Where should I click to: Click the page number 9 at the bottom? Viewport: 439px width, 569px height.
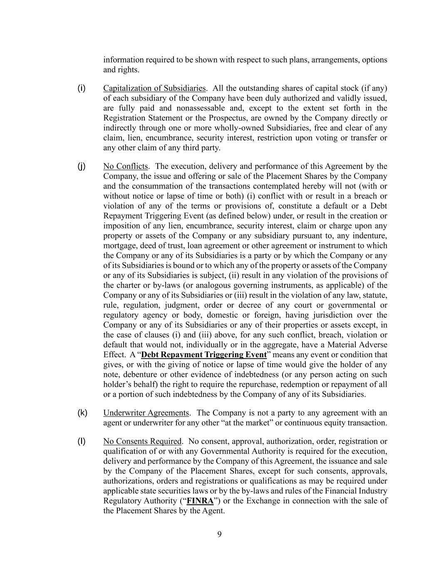pos(219,534)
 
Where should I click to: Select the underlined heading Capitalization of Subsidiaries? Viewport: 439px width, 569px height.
pos(154,88)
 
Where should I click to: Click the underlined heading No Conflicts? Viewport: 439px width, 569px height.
pos(125,166)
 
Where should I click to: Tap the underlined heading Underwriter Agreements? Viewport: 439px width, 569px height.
pos(146,413)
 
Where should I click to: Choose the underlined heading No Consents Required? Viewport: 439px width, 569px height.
pos(142,441)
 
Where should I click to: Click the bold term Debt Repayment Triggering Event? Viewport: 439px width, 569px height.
pos(204,355)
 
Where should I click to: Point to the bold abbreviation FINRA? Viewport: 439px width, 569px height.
pos(200,501)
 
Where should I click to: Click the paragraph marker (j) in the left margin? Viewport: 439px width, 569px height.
pos(82,166)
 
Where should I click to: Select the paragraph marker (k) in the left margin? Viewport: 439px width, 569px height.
pos(82,413)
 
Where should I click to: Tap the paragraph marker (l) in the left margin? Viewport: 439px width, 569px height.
pos(82,441)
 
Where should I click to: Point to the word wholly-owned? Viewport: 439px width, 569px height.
pos(241,128)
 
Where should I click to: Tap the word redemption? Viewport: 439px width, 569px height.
pos(299,384)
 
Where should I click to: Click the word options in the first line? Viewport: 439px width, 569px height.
pos(375,60)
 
